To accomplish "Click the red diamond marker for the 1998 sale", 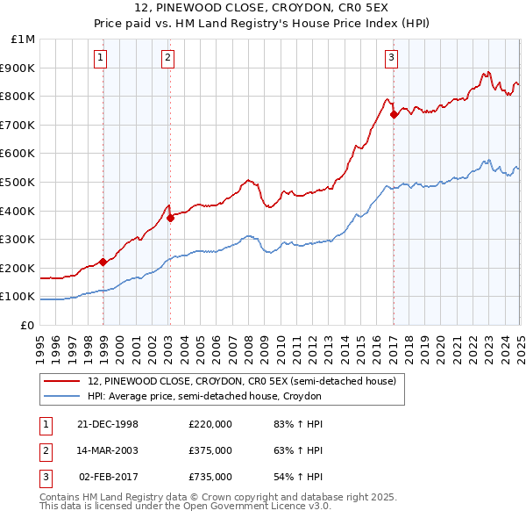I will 103,261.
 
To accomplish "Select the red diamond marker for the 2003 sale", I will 170,219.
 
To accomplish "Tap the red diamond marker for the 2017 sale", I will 394,114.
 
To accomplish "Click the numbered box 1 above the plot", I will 101,59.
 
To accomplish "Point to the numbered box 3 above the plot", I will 391,59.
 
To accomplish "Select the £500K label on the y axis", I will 20,182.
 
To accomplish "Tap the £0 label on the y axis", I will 28,325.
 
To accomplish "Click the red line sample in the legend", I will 62,381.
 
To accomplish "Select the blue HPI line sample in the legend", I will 62,397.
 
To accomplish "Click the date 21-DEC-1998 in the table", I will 108,424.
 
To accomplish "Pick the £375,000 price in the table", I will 210,450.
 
